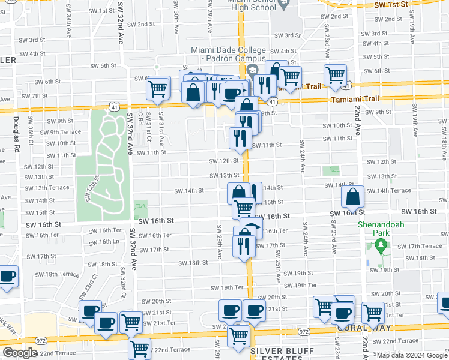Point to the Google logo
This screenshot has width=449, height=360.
[x=20, y=353]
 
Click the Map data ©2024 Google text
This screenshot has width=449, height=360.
[x=412, y=355]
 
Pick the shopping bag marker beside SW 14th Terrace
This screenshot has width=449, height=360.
[x=353, y=196]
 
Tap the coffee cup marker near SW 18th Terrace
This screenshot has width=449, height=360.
[x=7, y=277]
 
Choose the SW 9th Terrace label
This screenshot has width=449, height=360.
[x=61, y=132]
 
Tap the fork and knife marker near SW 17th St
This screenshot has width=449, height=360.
[x=243, y=245]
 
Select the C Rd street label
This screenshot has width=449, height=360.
[x=141, y=119]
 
